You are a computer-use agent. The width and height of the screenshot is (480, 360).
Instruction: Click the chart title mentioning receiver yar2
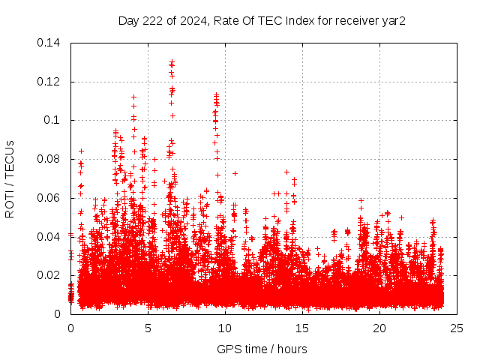[x=262, y=20]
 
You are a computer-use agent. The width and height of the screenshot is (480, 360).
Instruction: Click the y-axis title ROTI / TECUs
[x=10, y=178]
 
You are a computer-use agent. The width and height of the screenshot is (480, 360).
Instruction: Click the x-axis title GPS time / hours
[x=262, y=349]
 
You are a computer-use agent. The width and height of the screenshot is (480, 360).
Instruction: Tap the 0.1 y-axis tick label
[x=54, y=120]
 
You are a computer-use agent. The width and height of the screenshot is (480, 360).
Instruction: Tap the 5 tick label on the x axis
[x=148, y=328]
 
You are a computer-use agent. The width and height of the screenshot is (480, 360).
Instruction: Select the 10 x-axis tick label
[x=225, y=328]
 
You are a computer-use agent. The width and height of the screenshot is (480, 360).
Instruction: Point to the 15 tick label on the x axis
[x=302, y=328]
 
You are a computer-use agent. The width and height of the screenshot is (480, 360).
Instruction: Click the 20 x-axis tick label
[x=379, y=328]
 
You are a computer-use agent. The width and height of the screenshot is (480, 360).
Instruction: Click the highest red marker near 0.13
[x=172, y=62]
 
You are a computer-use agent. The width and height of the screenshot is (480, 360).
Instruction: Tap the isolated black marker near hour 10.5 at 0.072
[x=235, y=173]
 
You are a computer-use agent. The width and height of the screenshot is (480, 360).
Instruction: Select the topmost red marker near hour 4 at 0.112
[x=133, y=97]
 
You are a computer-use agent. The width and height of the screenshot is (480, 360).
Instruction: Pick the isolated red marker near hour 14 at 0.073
[x=286, y=172]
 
